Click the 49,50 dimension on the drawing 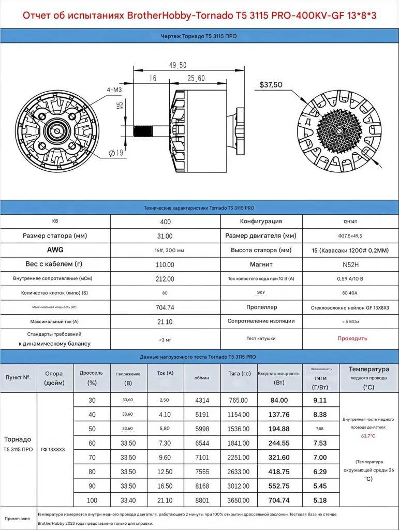click(178, 65)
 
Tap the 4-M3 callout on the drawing click(114, 90)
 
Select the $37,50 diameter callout click(271, 84)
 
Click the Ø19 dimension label click(115, 153)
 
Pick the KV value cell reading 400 click(165, 222)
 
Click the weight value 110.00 click(165, 264)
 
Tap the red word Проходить click(352, 338)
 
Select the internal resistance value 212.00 click(165, 279)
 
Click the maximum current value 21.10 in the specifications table click(165, 322)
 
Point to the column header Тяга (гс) click(239, 373)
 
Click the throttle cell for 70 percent click(92, 458)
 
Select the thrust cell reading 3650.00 click(239, 501)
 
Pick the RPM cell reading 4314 click(202, 401)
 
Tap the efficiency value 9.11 click(320, 400)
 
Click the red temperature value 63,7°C click(368, 436)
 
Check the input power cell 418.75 click(279, 473)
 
